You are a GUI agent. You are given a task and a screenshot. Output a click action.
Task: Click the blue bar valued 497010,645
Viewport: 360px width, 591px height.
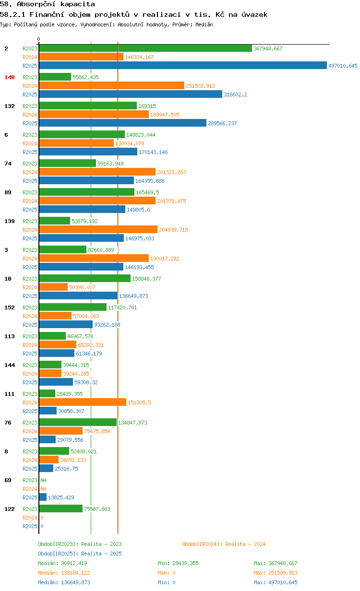[183, 65]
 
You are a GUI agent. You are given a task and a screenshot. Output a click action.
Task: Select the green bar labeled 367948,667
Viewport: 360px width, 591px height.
[145, 48]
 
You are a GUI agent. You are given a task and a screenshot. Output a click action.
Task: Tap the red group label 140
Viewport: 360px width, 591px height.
[10, 77]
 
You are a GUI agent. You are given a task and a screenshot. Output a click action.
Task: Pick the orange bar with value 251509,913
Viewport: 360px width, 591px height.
[112, 85]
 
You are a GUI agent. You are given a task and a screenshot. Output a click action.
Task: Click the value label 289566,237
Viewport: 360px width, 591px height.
[222, 123]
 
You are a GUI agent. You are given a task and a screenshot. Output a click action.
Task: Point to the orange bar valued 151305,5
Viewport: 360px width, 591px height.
[83, 402]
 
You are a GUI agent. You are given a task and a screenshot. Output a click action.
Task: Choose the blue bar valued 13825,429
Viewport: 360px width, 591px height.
[43, 497]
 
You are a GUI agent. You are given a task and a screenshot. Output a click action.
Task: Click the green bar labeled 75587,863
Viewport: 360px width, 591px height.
[61, 508]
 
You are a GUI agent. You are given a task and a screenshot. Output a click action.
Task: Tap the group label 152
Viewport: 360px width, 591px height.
[10, 307]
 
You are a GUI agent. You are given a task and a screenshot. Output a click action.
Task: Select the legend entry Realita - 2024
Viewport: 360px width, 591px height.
[224, 544]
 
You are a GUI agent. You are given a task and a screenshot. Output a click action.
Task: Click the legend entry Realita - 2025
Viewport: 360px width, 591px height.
[80, 554]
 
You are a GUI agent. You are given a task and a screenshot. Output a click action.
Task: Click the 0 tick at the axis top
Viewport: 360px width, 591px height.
[38, 39]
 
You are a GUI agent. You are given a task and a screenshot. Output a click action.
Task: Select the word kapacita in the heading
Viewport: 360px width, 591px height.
[78, 4]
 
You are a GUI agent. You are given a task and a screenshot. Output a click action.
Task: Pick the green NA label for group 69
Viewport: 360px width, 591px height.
[43, 480]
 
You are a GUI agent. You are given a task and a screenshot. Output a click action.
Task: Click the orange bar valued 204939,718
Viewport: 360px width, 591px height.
[98, 229]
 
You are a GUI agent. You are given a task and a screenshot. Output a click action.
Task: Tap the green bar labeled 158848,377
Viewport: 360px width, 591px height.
[85, 278]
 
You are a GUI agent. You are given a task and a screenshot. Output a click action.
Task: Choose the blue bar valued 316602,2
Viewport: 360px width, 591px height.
[131, 94]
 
